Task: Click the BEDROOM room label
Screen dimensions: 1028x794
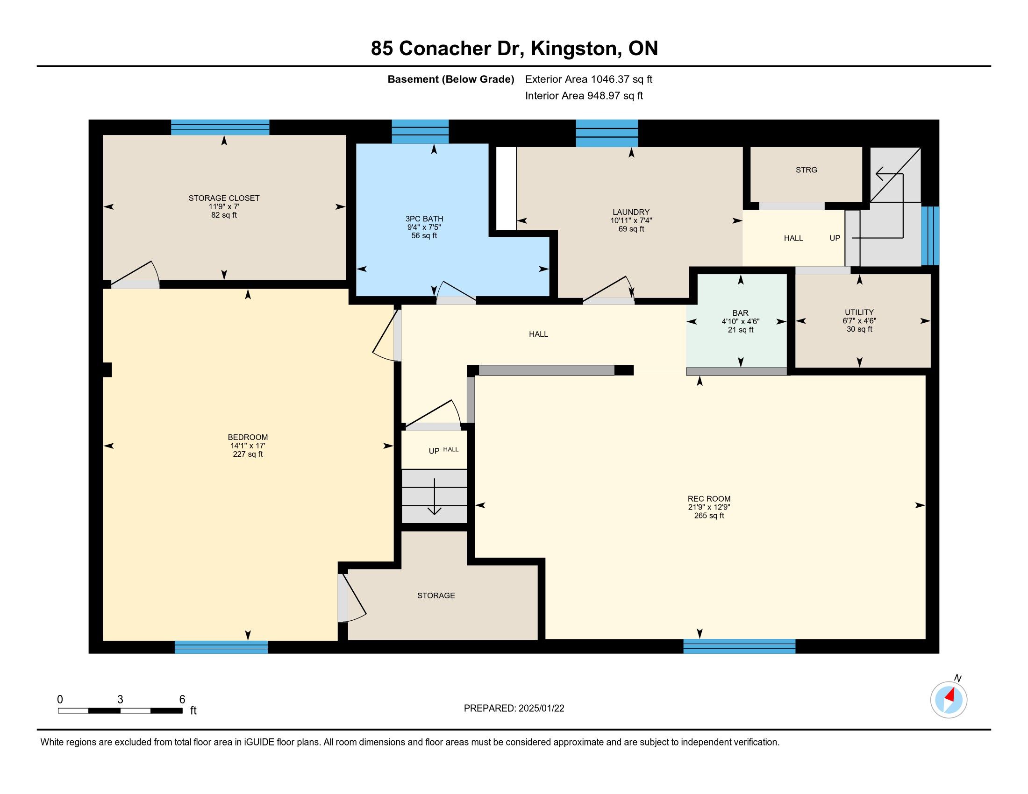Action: (248, 437)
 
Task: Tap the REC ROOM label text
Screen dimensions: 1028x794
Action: (709, 499)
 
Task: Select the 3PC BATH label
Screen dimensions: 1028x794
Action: (424, 219)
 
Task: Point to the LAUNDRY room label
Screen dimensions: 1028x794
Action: (631, 212)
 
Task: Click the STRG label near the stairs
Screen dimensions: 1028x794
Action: (807, 170)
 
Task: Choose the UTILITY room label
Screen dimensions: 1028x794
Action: (859, 312)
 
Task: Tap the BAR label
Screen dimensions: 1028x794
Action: (741, 313)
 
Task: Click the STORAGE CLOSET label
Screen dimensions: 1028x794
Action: (224, 198)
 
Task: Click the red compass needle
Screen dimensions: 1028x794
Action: (951, 694)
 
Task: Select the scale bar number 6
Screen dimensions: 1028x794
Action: (182, 700)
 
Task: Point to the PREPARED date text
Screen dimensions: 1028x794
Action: (514, 708)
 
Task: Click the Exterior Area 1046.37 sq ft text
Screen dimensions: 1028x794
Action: (589, 79)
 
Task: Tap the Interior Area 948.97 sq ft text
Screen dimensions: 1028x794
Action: (584, 95)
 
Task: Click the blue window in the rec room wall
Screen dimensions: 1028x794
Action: (739, 646)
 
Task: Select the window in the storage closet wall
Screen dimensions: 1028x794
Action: (220, 128)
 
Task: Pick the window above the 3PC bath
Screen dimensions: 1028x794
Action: (420, 132)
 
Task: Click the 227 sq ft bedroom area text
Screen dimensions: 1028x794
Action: (248, 454)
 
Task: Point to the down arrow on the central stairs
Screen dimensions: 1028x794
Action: (434, 496)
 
